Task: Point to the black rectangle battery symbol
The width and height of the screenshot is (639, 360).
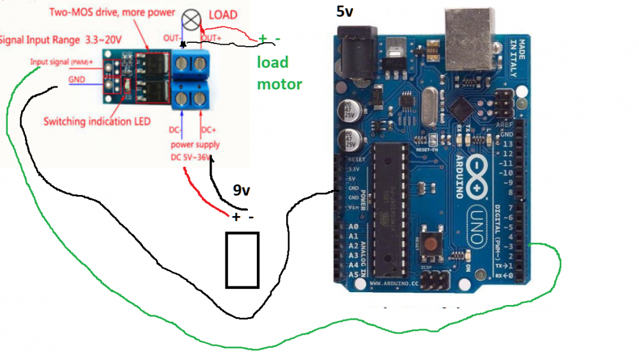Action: coord(242,260)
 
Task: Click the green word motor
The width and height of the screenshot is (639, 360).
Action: coord(279,84)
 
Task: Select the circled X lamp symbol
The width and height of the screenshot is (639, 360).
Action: coord(190,19)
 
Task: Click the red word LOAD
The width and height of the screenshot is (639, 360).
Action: coord(223,15)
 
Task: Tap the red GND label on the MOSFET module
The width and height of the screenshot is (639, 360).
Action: coord(76,80)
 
